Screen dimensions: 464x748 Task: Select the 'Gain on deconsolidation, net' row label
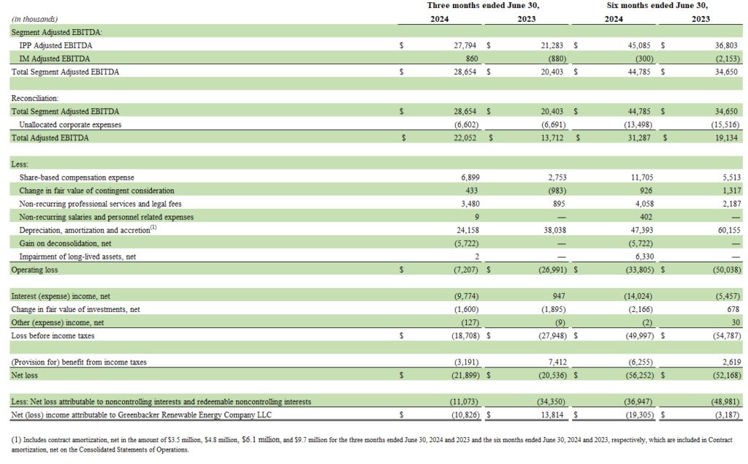[x=66, y=243]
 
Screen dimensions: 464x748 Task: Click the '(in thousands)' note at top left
[x=34, y=19]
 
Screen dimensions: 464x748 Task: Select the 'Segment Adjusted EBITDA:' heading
[x=56, y=32]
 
